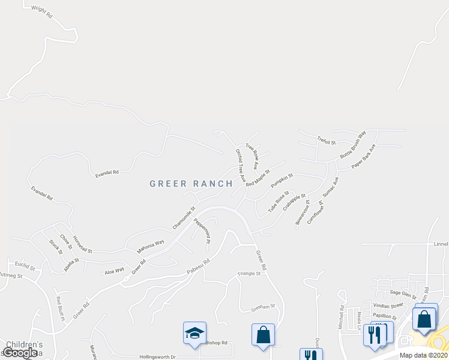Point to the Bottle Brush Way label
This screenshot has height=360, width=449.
(x=353, y=145)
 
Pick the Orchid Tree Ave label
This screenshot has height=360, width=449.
(x=241, y=165)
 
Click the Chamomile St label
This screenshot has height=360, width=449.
(x=184, y=218)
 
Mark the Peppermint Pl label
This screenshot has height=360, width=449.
(x=202, y=230)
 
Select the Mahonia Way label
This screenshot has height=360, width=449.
(x=150, y=245)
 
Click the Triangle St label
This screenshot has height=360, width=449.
(x=249, y=273)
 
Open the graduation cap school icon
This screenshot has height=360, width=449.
(x=194, y=333)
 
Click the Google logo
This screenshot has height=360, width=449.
(x=20, y=353)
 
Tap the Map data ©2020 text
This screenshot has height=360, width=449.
(x=423, y=355)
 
